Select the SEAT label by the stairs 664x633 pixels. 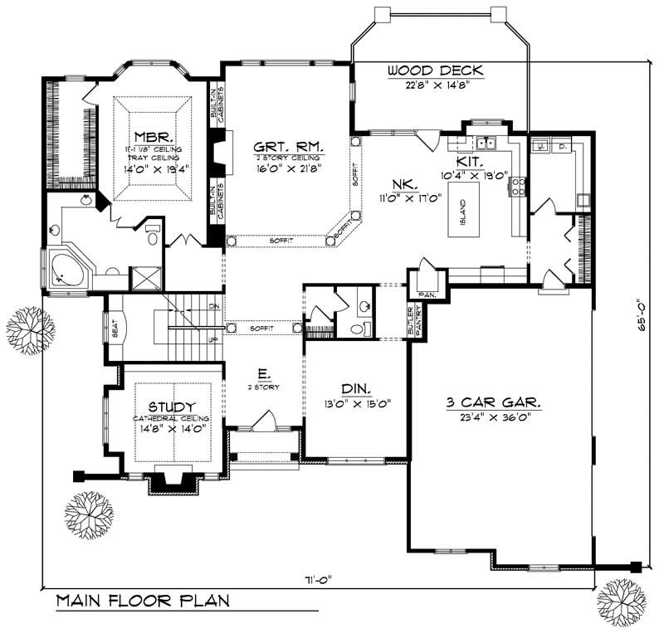click(114, 329)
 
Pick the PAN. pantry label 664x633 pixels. click(428, 294)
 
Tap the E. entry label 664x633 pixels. click(263, 375)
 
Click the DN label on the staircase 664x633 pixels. click(213, 306)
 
